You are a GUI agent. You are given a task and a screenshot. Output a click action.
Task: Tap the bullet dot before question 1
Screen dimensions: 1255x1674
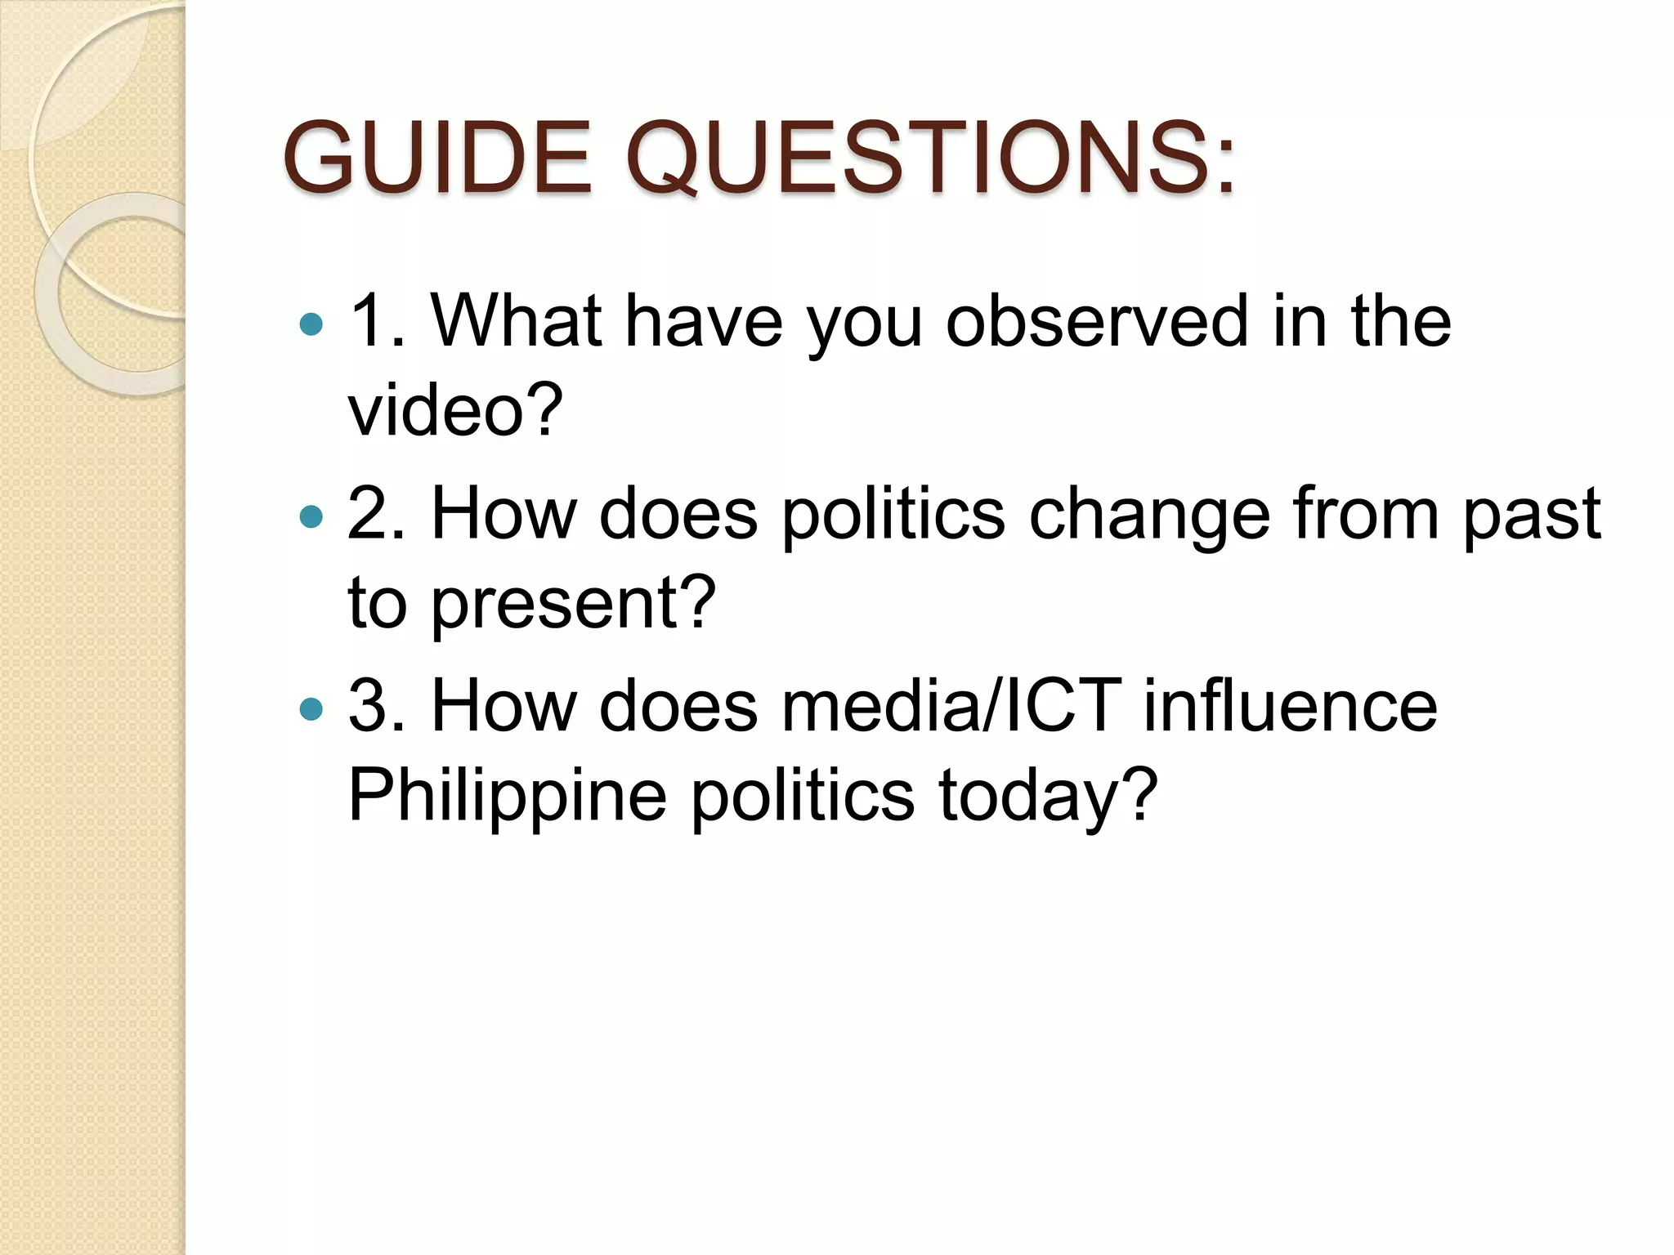point(311,325)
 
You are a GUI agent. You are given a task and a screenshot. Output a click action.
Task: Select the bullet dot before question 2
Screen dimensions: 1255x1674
point(311,517)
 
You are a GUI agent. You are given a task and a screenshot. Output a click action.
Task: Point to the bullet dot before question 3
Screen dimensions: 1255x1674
point(311,709)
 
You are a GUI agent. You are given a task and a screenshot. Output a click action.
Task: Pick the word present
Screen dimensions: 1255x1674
point(564,605)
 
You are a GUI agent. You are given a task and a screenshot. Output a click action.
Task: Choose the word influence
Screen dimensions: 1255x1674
point(1290,707)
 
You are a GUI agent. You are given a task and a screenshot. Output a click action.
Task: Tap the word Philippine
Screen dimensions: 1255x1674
point(508,797)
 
